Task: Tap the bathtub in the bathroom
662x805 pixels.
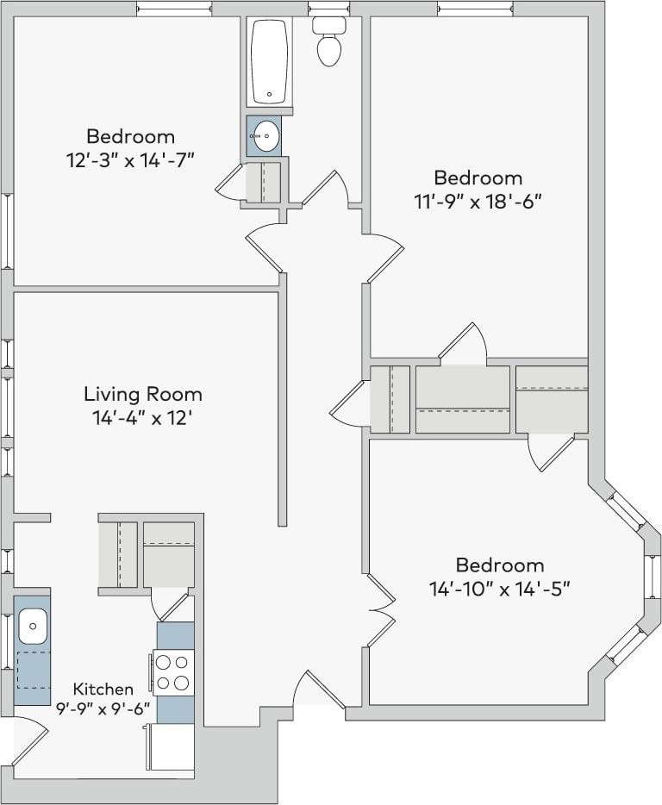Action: [x=270, y=62]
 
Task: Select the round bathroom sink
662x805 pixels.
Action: [x=265, y=135]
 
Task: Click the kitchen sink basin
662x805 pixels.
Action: [x=32, y=625]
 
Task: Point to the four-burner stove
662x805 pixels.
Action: [x=173, y=672]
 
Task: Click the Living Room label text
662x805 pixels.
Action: [x=143, y=395]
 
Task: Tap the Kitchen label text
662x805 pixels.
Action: [x=103, y=689]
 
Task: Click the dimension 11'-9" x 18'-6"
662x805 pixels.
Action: [x=478, y=202]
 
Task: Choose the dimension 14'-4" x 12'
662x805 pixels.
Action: [x=143, y=419]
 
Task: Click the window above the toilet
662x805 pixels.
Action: [x=328, y=8]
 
